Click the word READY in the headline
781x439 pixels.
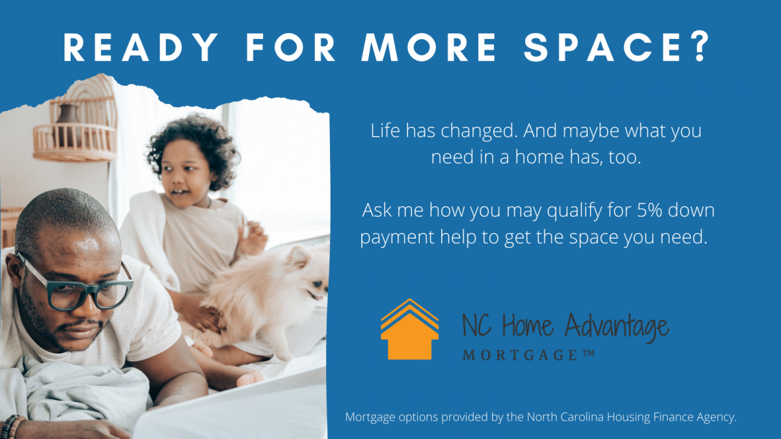tap(141, 47)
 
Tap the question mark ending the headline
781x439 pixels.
tap(700, 46)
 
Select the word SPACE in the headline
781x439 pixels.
tap(603, 47)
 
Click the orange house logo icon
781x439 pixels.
tap(409, 329)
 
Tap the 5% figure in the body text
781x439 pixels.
tap(650, 211)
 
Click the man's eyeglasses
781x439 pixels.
tap(79, 287)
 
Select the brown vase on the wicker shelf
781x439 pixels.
tap(69, 123)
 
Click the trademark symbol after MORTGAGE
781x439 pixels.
tap(588, 353)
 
